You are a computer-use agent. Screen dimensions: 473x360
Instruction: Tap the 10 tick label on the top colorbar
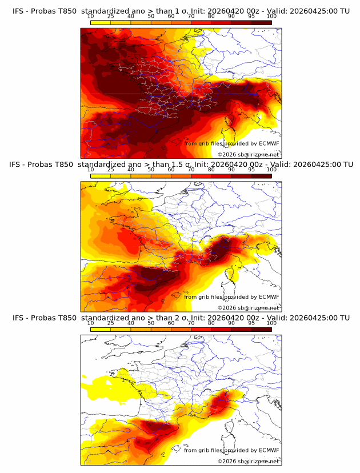[91, 17]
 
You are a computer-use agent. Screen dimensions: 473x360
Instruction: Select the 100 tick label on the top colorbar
[271, 17]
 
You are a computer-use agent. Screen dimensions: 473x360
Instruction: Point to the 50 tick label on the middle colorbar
[151, 170]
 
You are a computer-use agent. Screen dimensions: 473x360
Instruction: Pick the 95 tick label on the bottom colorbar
[251, 323]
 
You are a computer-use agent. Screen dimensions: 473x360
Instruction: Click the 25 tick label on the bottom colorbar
[111, 323]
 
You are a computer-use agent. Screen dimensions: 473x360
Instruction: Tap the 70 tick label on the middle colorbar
[191, 170]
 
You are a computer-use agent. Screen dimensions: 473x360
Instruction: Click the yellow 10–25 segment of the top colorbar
[101, 22]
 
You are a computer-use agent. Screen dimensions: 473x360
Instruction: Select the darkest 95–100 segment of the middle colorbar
[261, 176]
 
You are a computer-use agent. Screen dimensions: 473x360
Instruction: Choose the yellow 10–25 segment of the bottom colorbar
[101, 330]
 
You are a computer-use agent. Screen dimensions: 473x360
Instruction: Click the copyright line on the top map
[248, 155]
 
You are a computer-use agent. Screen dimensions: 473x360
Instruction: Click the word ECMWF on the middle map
[269, 297]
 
